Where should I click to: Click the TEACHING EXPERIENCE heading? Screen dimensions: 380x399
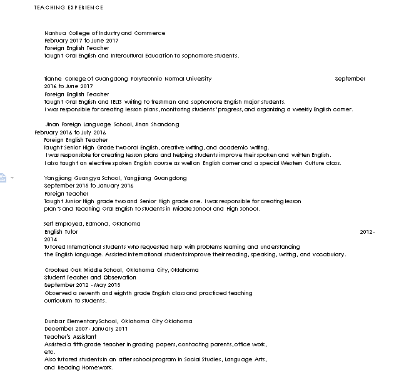tap(69, 7)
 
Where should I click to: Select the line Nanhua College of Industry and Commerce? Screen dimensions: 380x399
tap(104, 33)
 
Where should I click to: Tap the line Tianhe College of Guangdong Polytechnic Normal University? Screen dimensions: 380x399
tap(128, 79)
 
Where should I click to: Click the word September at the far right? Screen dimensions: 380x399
tap(350, 79)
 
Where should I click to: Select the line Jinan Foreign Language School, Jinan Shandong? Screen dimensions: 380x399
tap(104, 124)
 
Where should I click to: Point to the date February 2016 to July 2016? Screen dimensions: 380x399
tap(70, 132)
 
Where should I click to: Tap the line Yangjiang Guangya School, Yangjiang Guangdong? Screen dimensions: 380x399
tap(115, 178)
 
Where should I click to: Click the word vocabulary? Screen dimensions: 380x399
tap(329, 255)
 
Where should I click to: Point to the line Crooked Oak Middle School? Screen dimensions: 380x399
tap(121, 270)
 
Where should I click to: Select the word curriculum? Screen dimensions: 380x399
tap(59, 301)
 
